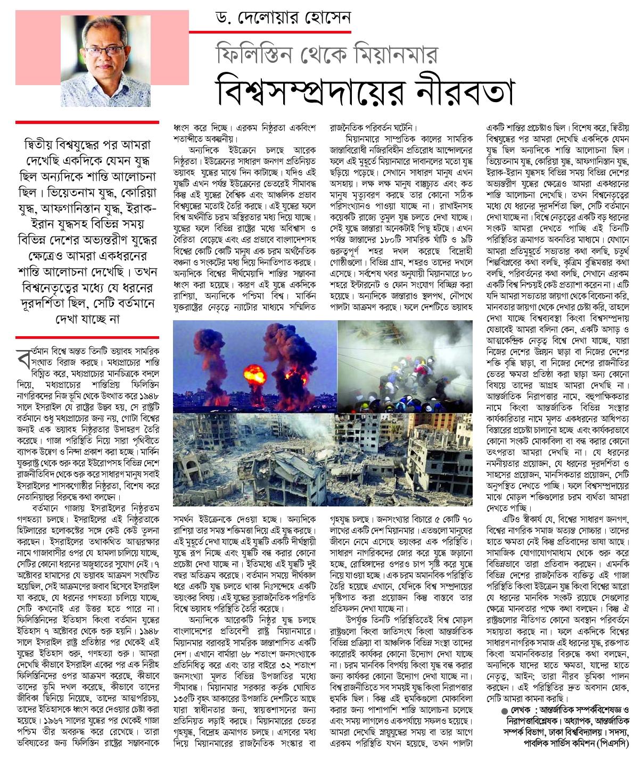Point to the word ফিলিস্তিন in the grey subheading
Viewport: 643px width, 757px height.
pos(253,53)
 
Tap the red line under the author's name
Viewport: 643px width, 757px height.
pos(279,32)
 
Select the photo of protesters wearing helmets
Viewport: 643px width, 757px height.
pos(405,367)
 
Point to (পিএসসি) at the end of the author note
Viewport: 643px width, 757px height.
pos(612,743)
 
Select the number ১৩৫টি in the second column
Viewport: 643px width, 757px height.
pos(184,698)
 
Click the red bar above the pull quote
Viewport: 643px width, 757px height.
pos(87,122)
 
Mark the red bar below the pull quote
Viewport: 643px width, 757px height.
pos(87,337)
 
